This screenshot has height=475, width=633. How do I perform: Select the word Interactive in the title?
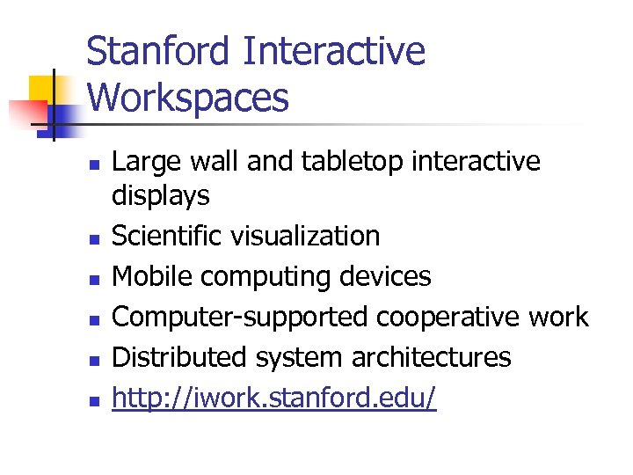point(333,52)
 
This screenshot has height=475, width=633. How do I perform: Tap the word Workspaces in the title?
point(188,98)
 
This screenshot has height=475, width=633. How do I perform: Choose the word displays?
point(161,195)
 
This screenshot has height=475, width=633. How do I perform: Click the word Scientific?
point(168,236)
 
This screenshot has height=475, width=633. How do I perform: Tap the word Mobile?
point(154,276)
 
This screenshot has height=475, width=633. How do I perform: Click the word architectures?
point(431,357)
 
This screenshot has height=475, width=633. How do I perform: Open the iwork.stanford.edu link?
point(274,398)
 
